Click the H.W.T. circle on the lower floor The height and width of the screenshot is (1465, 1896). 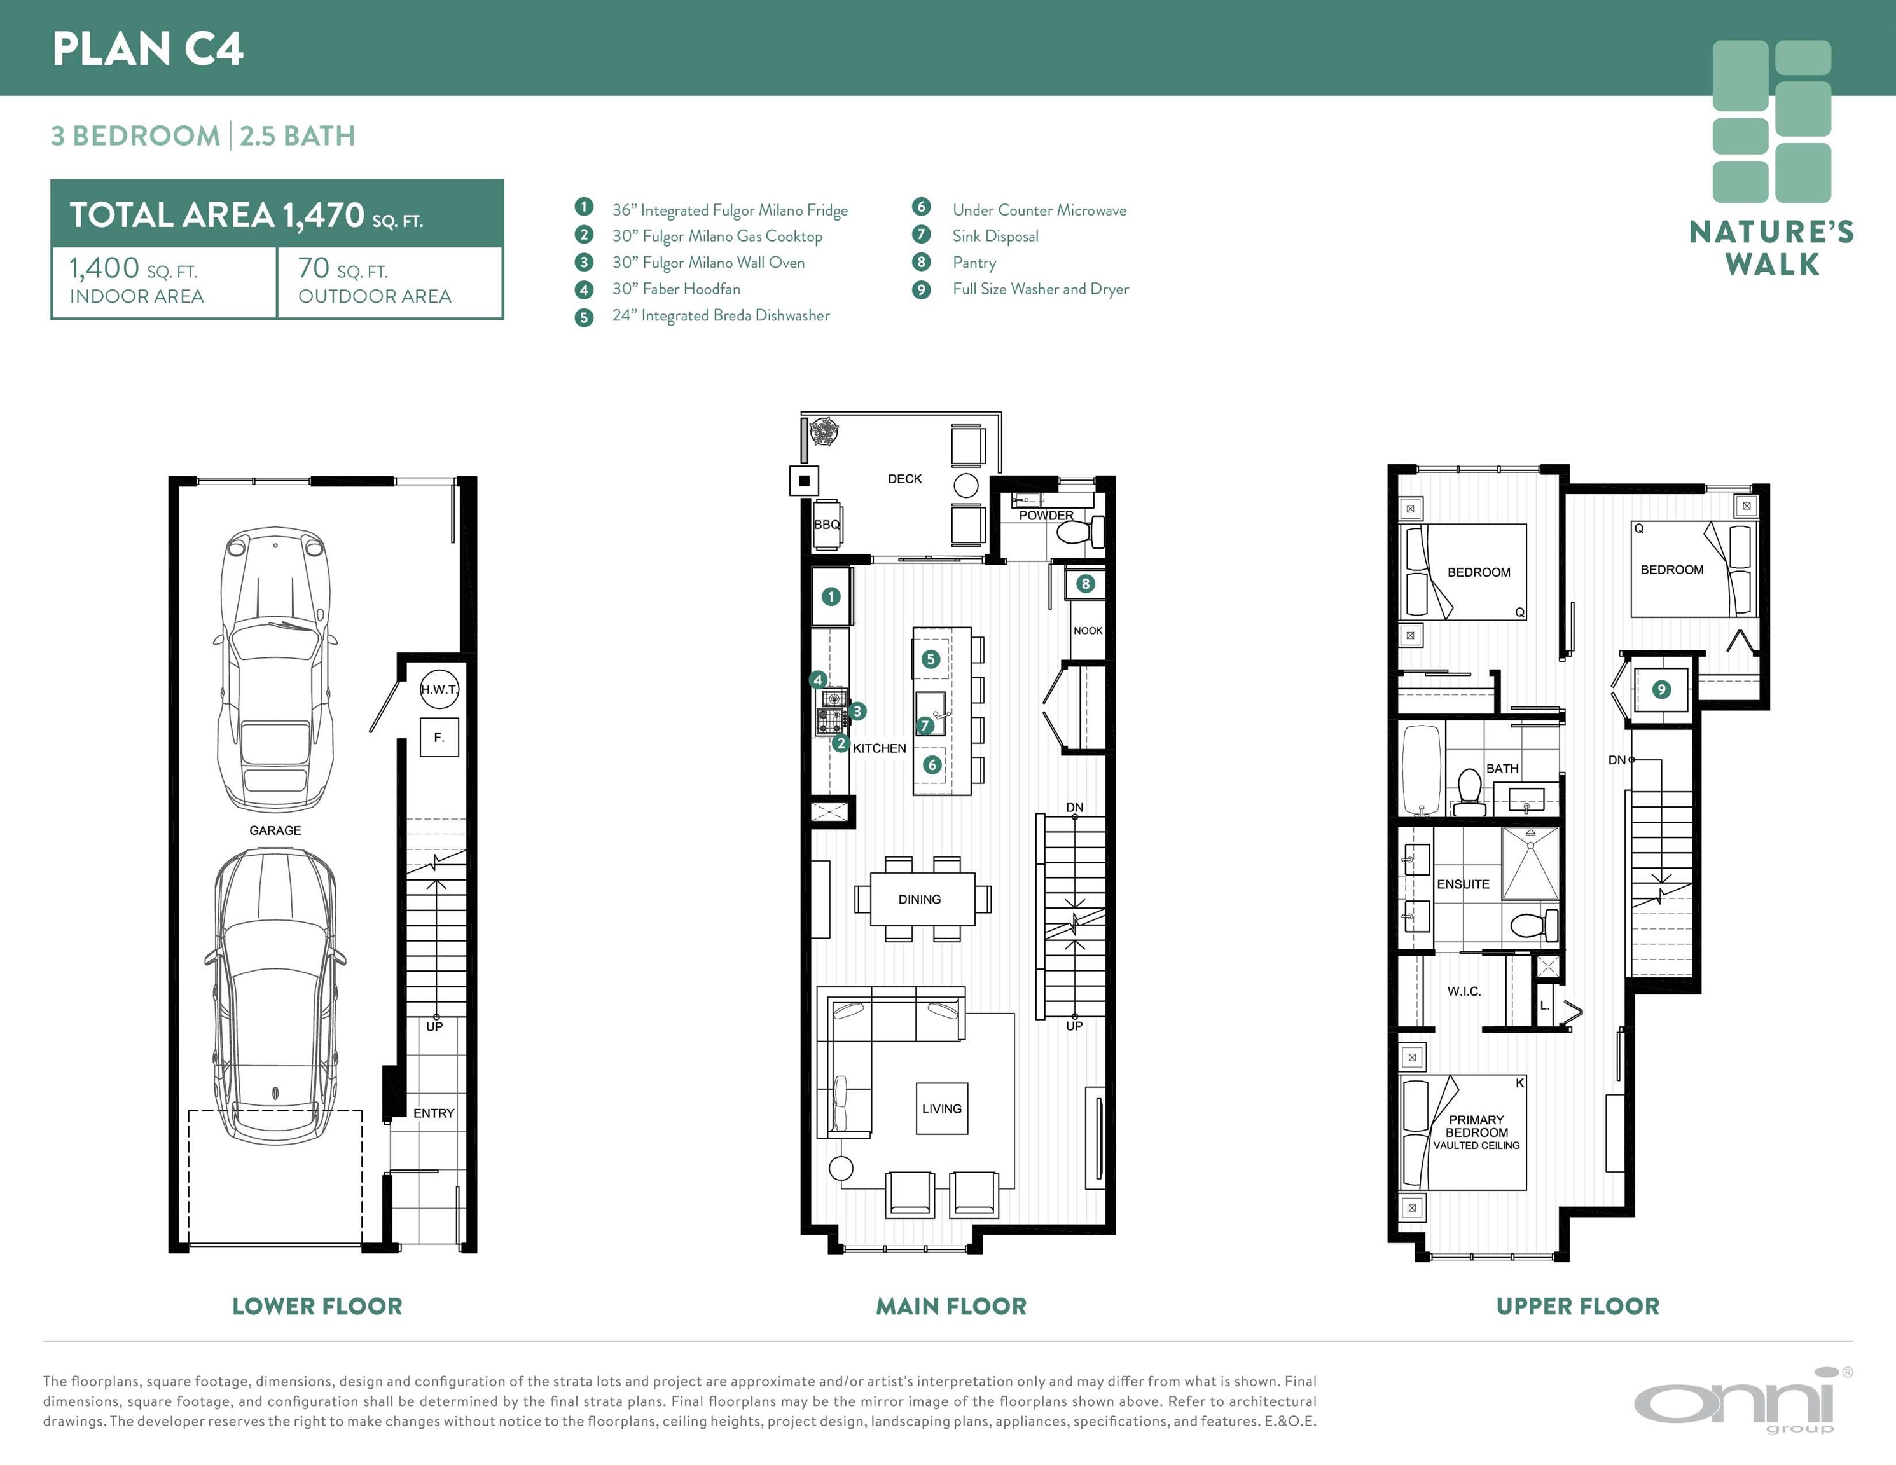439,689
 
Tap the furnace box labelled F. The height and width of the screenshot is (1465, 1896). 439,738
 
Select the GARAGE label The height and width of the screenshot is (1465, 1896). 275,830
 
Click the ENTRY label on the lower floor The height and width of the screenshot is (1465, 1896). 434,1113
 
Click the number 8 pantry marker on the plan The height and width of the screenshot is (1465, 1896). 1085,584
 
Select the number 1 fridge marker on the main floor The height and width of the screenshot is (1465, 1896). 831,596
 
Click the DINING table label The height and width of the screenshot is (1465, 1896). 919,899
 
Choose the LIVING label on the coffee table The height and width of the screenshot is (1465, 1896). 942,1108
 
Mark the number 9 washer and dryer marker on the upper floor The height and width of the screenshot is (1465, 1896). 1661,690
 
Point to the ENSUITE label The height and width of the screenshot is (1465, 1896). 1463,884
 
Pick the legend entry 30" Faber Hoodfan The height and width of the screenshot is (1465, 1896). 676,289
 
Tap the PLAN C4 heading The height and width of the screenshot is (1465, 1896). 148,48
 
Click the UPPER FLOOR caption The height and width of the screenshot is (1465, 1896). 1577,1306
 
